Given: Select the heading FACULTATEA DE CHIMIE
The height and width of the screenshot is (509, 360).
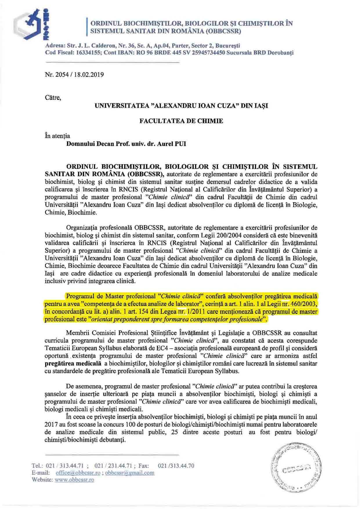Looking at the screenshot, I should pos(181,121).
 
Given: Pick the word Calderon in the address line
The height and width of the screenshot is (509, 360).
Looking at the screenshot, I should pos(102,46).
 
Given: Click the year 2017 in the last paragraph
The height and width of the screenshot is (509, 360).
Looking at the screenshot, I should pos(51,424).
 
